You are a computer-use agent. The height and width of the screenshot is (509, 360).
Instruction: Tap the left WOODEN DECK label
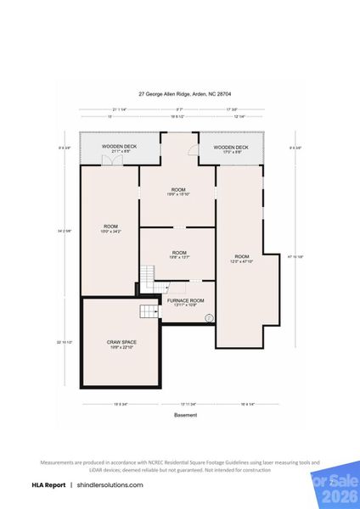[120, 148]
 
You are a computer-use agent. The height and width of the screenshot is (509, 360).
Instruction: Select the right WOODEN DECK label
[231, 148]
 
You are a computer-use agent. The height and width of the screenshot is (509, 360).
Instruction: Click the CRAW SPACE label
[121, 344]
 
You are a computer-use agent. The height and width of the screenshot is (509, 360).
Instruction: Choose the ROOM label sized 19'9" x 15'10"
[178, 191]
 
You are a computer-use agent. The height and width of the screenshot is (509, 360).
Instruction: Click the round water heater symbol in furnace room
[209, 319]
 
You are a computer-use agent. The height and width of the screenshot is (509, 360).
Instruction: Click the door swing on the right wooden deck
[194, 154]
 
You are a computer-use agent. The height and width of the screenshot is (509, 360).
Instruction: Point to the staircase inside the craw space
[149, 311]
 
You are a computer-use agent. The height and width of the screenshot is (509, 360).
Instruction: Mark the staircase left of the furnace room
[147, 277]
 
